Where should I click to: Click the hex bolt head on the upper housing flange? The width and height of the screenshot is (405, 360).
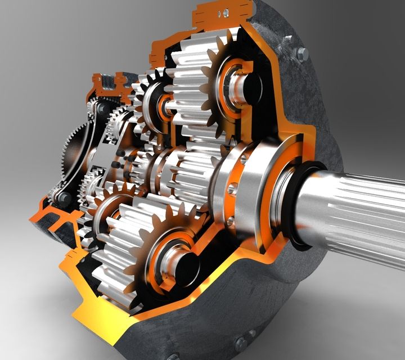pos(302,53)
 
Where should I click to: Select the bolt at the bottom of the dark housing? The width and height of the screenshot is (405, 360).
pos(241,342)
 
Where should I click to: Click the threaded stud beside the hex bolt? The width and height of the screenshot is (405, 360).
pos(288,40)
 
